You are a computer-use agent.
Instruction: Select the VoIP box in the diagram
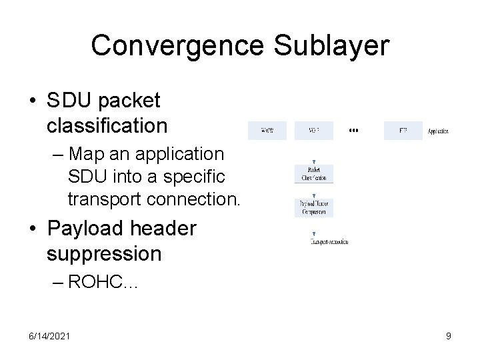[314, 130]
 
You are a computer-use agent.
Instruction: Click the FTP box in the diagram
[403, 130]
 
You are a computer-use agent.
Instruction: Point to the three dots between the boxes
[353, 131]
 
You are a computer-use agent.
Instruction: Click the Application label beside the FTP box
[438, 131]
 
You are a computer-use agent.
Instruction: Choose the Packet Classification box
[313, 174]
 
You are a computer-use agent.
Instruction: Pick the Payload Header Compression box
[313, 207]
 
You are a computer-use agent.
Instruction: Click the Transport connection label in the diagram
[329, 242]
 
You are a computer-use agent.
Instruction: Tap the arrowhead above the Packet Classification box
[313, 161]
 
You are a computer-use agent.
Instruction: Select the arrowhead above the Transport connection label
[313, 235]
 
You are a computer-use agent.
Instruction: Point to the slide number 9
[449, 336]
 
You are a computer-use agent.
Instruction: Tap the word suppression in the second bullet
[105, 254]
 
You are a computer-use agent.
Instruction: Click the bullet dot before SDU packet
[33, 101]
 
